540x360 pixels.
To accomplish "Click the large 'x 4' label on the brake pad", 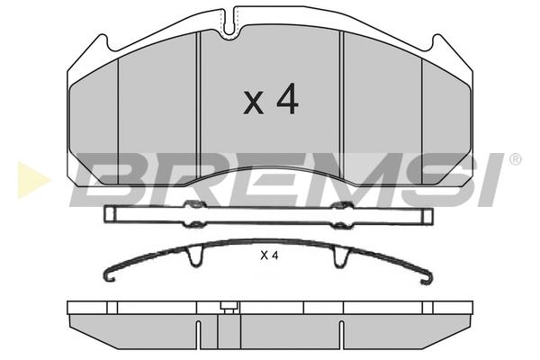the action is pos(271,99).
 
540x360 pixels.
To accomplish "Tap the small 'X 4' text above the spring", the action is pos(269,256).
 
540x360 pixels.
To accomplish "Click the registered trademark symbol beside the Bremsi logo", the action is pos(515,159).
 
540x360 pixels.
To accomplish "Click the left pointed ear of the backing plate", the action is pos(101,42).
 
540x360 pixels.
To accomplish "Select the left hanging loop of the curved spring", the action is pos(195,256).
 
